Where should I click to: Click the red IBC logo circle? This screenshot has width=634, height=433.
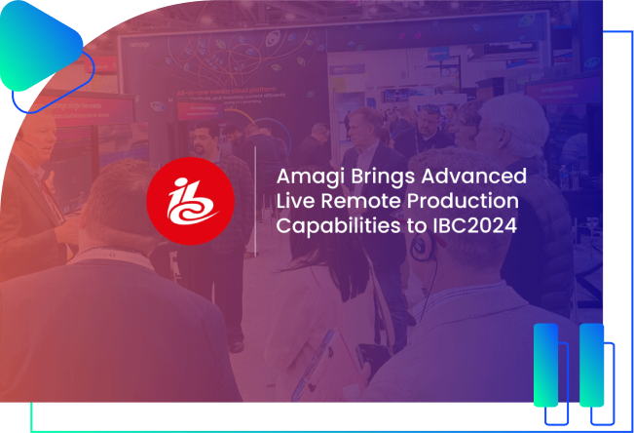click(191, 200)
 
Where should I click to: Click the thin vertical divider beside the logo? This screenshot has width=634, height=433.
click(255, 201)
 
